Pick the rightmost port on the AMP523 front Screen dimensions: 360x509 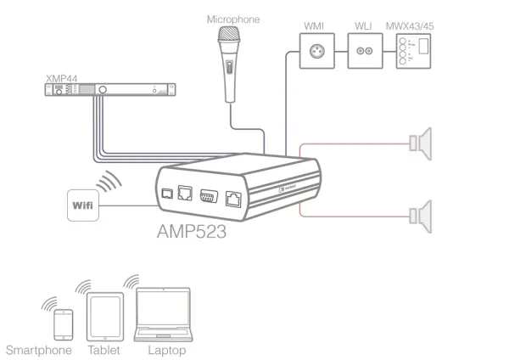coord(233,200)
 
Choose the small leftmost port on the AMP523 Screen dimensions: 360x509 coord(166,194)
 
